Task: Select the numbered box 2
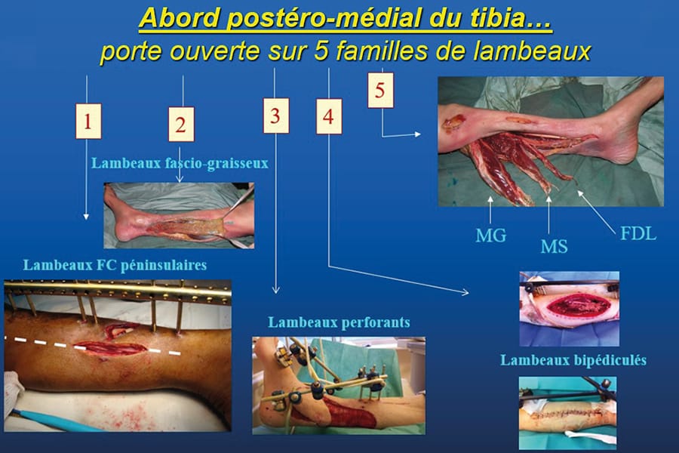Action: (180, 125)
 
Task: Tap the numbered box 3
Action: (275, 116)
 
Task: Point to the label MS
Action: (554, 245)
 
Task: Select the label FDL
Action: (638, 233)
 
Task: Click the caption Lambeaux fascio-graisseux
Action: (180, 162)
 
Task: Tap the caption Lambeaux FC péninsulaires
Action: (115, 265)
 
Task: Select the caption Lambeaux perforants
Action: (339, 322)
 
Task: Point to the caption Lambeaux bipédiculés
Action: (573, 359)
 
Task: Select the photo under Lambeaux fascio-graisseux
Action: (179, 214)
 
